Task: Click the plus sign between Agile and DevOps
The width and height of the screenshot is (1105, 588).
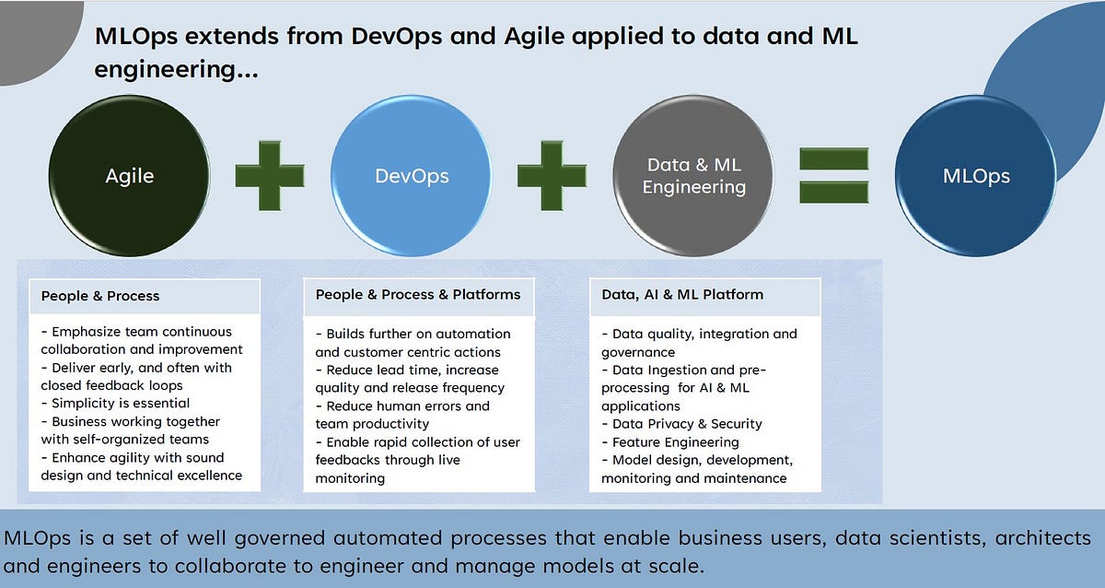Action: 270,175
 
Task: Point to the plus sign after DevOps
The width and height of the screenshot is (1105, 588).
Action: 552,175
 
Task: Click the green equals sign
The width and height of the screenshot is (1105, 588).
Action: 833,175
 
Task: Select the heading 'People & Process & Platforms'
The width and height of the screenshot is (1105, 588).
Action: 418,295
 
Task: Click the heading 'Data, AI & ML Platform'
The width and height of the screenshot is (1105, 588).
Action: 681,295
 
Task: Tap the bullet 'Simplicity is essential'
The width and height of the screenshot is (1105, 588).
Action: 116,404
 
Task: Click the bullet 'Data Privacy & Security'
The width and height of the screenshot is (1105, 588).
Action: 681,424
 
